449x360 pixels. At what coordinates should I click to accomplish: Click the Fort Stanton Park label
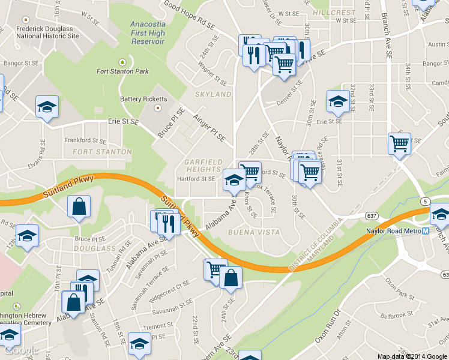(x=122, y=71)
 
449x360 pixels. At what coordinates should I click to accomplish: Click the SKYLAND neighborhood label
(x=213, y=95)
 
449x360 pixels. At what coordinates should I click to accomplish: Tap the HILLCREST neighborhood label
(x=334, y=13)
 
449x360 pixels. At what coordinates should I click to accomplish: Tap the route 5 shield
(x=426, y=200)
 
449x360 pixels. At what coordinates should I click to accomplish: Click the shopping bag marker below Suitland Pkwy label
(x=79, y=208)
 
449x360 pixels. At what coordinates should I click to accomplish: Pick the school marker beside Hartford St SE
(x=234, y=179)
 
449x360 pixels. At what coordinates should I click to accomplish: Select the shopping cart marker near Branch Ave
(x=399, y=144)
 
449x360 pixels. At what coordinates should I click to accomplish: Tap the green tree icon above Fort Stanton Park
(x=122, y=62)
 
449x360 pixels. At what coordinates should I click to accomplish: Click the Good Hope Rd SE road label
(x=189, y=16)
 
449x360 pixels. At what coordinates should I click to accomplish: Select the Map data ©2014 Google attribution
(x=412, y=356)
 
